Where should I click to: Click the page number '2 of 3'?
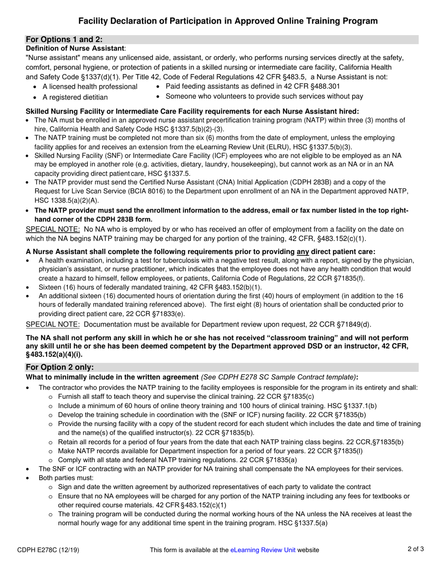(415, 550)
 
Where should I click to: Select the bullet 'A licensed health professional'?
(90, 87)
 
